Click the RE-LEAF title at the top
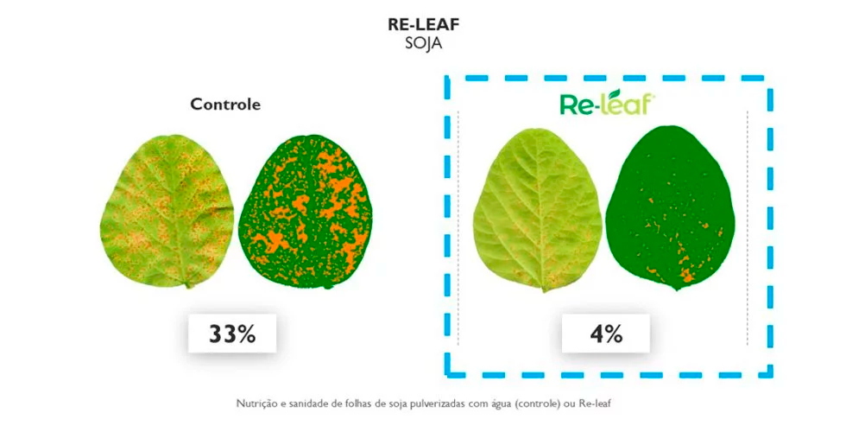423,25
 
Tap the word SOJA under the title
423,43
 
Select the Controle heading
225,104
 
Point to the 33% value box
232,334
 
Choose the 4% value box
605,334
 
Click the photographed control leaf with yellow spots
167,211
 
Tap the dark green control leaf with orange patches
306,212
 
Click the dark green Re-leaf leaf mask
671,208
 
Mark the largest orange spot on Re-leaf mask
687,277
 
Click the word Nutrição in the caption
253,404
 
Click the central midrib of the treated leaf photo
540,211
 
